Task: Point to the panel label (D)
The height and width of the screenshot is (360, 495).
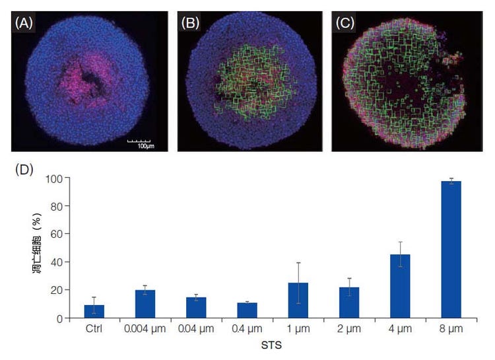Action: tap(24, 169)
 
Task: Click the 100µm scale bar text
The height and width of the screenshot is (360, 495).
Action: tap(139, 145)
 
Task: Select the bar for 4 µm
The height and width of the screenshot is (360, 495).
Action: tap(401, 286)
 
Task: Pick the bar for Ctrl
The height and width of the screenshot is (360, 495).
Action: tap(94, 311)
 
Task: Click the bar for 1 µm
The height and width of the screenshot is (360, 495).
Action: tap(298, 301)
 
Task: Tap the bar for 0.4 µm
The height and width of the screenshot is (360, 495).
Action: tap(247, 310)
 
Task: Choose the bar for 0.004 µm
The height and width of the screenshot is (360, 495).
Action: tap(145, 304)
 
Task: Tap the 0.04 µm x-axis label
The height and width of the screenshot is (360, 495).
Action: tap(196, 328)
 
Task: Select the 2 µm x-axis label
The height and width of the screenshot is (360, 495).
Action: tap(349, 328)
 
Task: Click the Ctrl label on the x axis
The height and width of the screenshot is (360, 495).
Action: tap(94, 328)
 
